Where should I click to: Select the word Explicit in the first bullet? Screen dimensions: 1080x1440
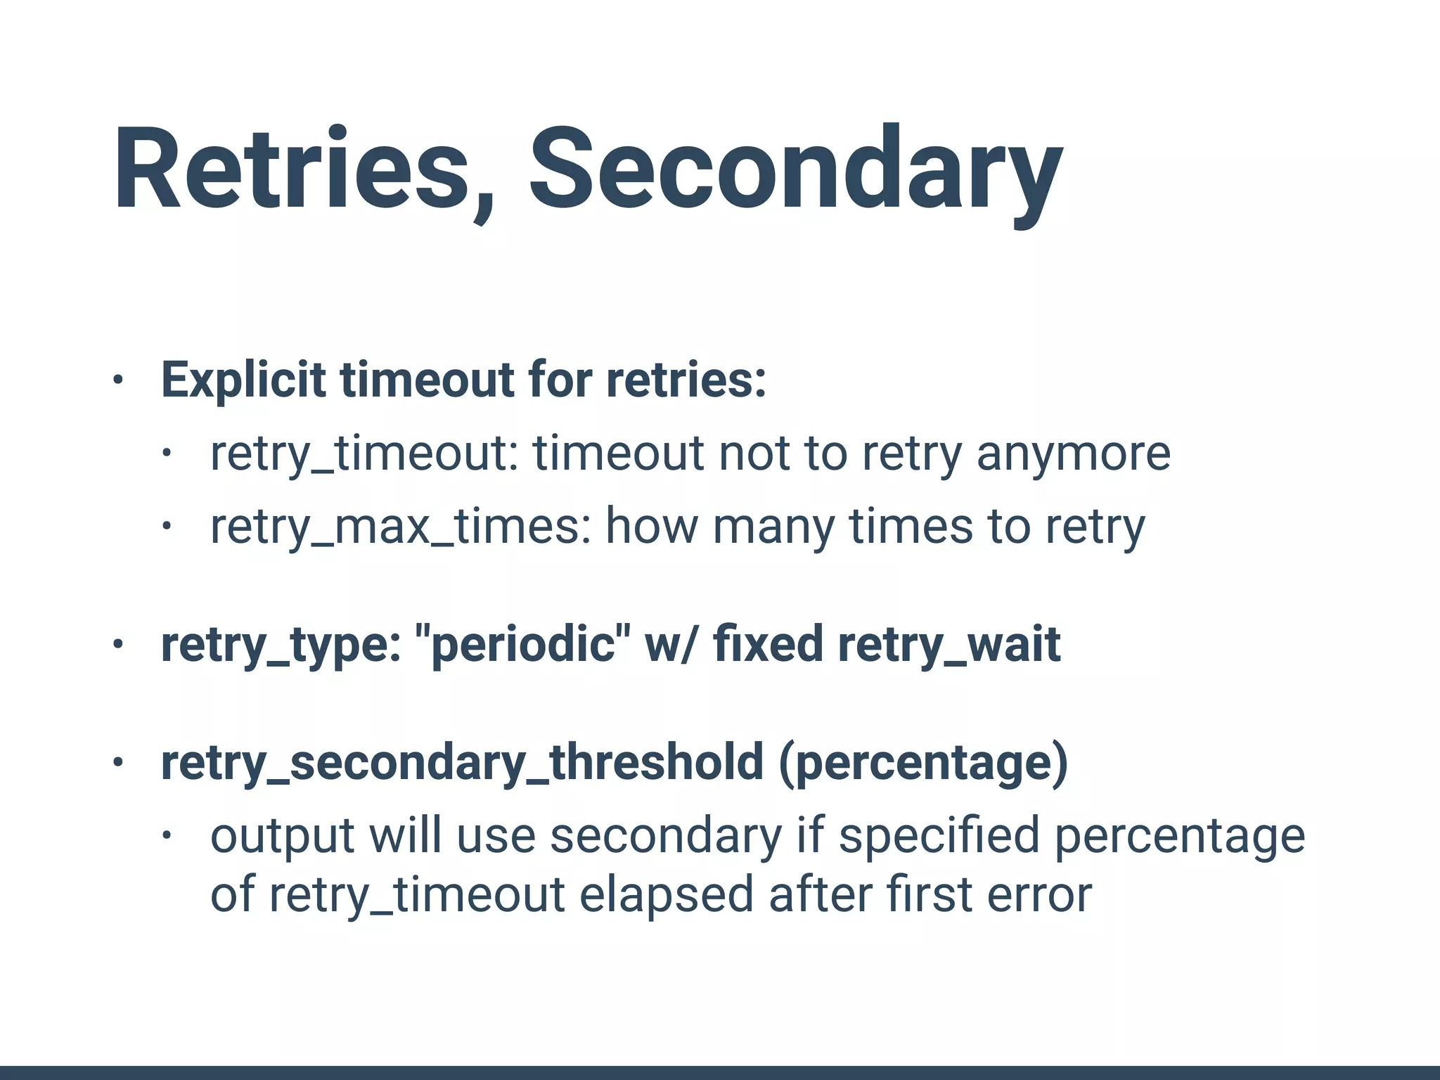[243, 380]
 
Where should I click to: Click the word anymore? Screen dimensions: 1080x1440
[1073, 454]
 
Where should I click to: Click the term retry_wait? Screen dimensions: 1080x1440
[949, 645]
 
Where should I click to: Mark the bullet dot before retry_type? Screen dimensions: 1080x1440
[117, 644]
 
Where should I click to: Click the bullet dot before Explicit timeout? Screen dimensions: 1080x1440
[117, 380]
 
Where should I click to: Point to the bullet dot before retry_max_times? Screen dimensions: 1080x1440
[166, 527]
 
